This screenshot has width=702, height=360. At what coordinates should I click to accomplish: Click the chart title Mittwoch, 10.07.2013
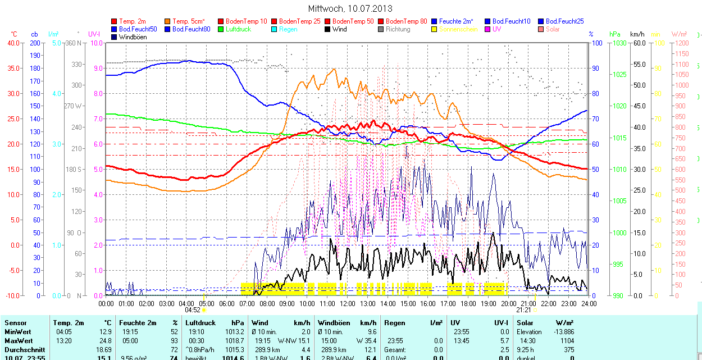click(x=350, y=8)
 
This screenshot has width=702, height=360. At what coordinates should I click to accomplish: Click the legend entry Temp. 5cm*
click(x=188, y=21)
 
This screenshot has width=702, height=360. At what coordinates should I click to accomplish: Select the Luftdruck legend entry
click(x=235, y=29)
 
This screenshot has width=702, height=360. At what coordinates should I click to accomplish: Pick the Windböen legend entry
click(x=133, y=37)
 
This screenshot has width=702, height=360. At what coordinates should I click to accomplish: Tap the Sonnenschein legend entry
click(x=458, y=29)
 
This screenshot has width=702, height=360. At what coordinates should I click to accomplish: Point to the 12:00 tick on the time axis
click(x=348, y=303)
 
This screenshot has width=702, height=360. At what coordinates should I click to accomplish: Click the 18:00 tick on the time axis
click(x=468, y=303)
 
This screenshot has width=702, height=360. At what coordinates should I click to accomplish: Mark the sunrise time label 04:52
click(x=193, y=309)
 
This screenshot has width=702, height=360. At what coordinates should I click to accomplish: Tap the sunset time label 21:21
click(x=523, y=309)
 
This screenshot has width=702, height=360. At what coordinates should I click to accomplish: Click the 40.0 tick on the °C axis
click(x=12, y=43)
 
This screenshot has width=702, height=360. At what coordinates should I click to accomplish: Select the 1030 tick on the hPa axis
click(x=619, y=43)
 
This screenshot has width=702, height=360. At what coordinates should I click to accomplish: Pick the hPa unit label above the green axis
click(x=614, y=34)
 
